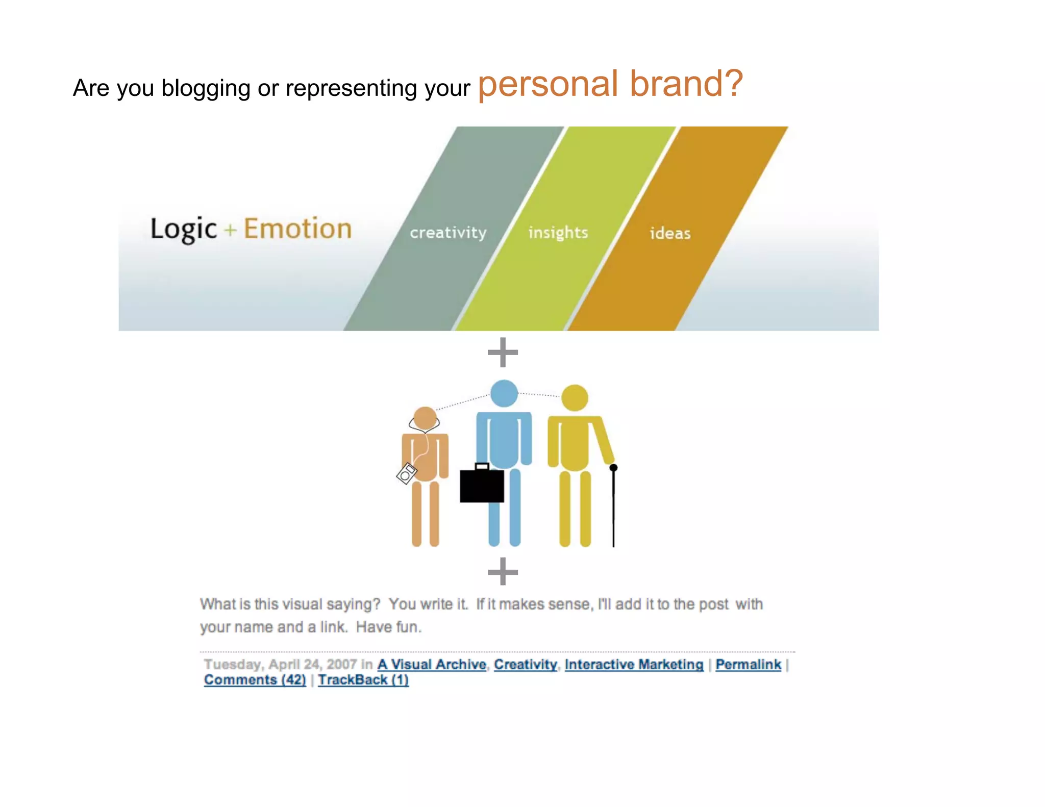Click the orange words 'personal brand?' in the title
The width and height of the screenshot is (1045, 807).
coord(610,84)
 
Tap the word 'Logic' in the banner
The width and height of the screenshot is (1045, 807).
coord(184,229)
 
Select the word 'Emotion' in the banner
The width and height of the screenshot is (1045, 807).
coord(297,229)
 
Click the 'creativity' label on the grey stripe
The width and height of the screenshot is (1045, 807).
coord(448,233)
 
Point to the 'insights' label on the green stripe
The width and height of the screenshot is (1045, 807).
coord(558,233)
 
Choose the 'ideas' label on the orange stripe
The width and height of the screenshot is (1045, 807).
coord(670,233)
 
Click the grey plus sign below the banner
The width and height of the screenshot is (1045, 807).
coord(503,352)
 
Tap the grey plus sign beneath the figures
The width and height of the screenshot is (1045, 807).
coord(503,571)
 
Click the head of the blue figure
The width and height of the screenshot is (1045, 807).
coord(504,393)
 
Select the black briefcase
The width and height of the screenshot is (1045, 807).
coord(482,485)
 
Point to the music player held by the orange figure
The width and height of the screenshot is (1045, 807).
coord(407,473)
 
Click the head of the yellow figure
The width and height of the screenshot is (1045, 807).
coord(575,398)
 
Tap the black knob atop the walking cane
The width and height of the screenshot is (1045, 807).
coord(613,467)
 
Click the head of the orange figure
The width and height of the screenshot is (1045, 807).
coord(425,418)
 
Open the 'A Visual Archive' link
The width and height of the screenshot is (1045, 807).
coord(432,664)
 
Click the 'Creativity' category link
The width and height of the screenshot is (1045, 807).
coord(526,664)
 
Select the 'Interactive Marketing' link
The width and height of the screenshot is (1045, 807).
coord(634,664)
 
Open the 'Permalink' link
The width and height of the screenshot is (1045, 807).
coord(748,664)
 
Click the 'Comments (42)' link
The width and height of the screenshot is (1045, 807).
coord(255,680)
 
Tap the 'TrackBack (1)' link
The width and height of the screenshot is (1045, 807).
coord(363,680)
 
